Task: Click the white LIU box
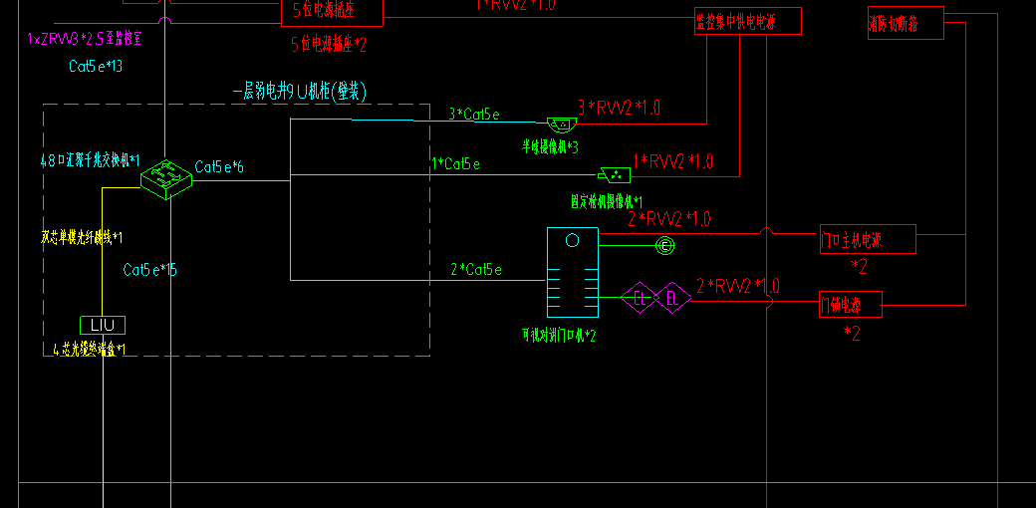coord(103,325)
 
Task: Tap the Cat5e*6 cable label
coord(219,166)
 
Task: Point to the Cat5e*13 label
coord(96,67)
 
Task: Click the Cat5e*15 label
coord(150,270)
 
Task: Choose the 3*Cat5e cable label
coord(473,115)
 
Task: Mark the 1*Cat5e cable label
coord(455,163)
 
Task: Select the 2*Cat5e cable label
coord(476,269)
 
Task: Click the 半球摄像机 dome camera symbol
coord(562,125)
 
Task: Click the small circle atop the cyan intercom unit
coord(572,240)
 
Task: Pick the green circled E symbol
coord(664,245)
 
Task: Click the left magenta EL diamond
coord(639,297)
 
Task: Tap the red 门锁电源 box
coord(850,303)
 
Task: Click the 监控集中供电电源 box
coord(747,22)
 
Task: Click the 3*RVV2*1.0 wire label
coord(619,108)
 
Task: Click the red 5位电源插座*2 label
coord(329,44)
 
